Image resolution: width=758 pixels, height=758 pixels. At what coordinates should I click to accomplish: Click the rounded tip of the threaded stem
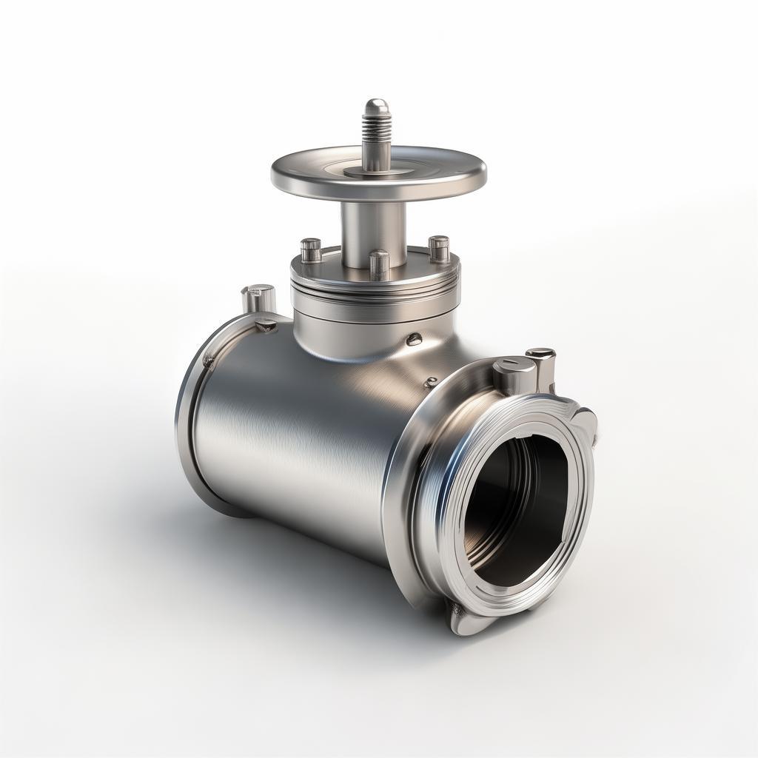click(376, 105)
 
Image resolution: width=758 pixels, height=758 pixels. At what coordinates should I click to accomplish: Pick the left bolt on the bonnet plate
click(311, 250)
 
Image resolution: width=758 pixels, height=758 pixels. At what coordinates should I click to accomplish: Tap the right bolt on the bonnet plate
click(439, 248)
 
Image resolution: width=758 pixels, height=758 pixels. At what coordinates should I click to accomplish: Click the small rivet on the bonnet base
click(414, 339)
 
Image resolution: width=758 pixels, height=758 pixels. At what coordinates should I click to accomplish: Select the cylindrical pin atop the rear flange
click(259, 298)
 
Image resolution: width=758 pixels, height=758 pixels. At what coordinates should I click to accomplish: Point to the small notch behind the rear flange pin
click(266, 324)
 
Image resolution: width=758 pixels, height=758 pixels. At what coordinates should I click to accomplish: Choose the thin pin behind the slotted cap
click(542, 366)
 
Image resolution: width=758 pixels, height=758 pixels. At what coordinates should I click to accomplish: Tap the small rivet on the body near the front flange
click(431, 383)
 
